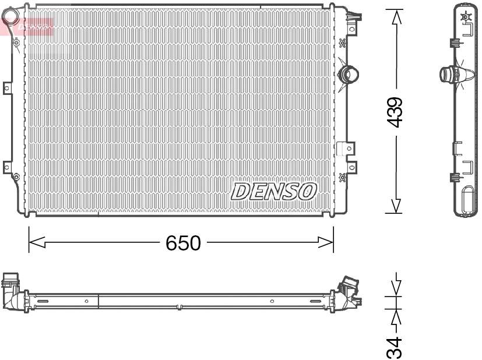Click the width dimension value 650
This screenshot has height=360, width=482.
182,242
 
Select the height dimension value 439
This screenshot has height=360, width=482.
396,112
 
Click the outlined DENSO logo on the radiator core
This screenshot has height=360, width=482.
274,191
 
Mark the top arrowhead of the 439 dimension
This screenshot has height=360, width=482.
396,16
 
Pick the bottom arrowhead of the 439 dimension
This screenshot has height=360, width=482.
396,206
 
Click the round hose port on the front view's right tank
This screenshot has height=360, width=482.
350,74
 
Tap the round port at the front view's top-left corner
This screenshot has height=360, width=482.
16,42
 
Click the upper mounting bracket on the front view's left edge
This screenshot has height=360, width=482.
7,89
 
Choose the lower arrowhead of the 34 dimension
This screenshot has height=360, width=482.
396,317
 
